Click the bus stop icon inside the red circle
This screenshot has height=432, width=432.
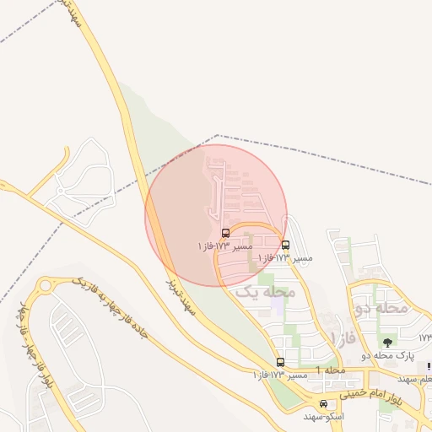(x=225, y=233)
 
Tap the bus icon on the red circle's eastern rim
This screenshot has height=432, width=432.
(x=285, y=246)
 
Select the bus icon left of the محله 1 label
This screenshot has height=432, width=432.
(x=280, y=362)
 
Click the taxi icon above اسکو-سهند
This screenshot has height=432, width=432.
(x=323, y=404)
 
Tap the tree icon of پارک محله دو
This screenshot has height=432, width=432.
(x=387, y=343)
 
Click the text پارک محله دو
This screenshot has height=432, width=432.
(x=389, y=356)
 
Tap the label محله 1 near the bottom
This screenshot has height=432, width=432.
(x=331, y=371)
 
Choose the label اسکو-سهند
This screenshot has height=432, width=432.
(x=324, y=417)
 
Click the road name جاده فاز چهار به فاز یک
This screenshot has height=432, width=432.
(x=110, y=311)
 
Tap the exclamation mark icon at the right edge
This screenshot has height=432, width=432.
(x=429, y=367)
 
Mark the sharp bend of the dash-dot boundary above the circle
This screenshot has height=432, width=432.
(x=217, y=135)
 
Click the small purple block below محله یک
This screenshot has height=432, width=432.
(x=278, y=305)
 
